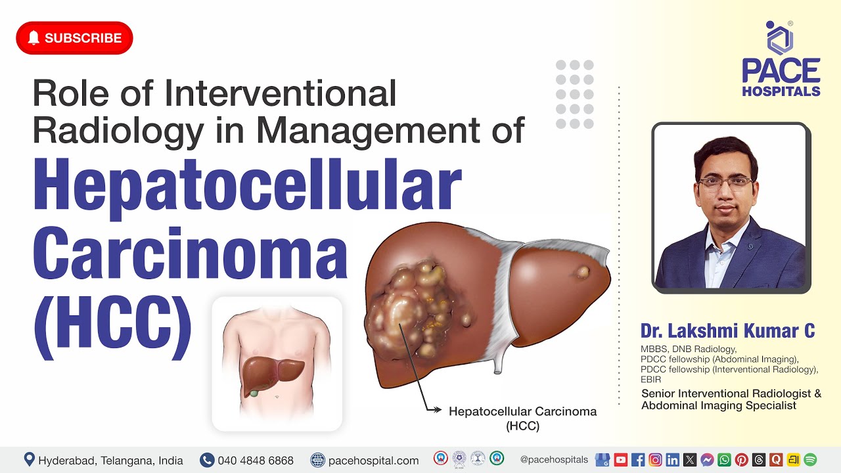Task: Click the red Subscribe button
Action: tap(74, 38)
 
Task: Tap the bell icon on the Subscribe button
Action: tap(34, 38)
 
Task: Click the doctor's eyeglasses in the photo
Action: tap(725, 182)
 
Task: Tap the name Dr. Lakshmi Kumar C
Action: tap(727, 330)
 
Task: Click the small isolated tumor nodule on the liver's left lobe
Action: tap(583, 271)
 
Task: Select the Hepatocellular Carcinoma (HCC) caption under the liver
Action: tap(522, 418)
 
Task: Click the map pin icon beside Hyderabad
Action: tap(29, 460)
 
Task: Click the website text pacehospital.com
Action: tap(373, 461)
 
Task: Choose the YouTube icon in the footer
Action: tap(620, 460)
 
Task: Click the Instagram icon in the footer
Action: tap(655, 460)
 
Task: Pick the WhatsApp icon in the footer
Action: tap(724, 460)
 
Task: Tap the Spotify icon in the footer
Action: tap(810, 460)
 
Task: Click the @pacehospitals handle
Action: tap(554, 460)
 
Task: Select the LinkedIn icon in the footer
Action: tap(672, 460)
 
